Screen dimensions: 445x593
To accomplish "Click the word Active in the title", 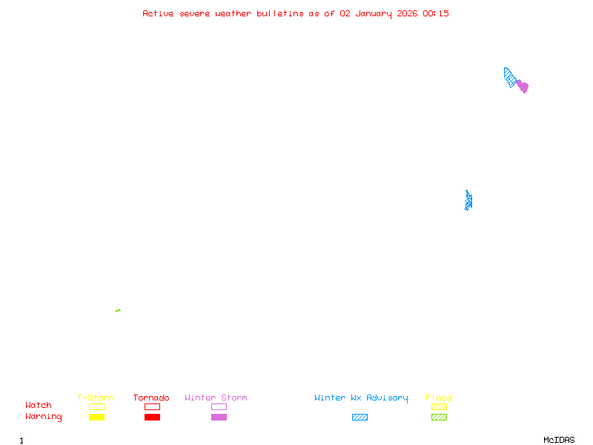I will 159,13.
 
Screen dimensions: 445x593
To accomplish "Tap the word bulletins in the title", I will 280,13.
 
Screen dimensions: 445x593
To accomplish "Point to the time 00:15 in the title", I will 436,13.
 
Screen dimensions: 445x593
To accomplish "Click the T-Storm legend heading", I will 96,398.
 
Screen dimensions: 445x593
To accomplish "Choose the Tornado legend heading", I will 151,398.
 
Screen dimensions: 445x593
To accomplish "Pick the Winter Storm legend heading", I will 216,398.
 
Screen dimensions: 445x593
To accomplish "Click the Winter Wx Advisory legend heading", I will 361,398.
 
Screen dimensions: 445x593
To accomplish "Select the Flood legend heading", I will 439,398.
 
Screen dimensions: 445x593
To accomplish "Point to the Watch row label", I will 39,406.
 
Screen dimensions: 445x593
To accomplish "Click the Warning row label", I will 44,417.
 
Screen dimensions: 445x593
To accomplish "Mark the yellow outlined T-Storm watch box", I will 96,406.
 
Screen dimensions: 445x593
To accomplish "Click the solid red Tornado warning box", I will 152,417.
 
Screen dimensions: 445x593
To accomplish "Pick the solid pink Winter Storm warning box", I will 219,417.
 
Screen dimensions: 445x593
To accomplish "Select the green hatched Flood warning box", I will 439,417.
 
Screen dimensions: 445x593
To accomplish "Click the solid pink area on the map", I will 523,86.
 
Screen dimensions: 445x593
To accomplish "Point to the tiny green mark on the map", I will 118,310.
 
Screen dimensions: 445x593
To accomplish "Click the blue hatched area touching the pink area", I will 510,77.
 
